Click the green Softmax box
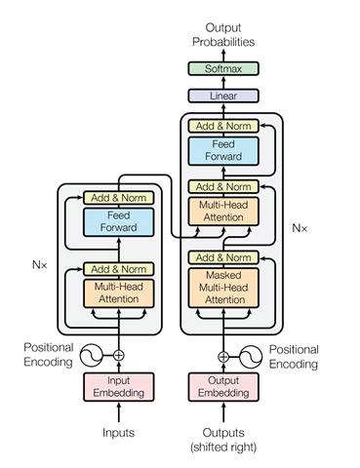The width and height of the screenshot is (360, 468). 223,68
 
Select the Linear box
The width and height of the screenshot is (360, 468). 223,96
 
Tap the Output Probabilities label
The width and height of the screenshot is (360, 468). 223,34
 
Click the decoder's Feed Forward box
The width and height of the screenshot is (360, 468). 223,150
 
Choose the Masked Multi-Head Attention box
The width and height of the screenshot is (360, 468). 223,289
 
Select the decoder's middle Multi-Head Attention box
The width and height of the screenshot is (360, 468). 223,212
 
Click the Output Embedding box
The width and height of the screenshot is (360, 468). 223,386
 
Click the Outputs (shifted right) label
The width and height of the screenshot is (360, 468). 223,440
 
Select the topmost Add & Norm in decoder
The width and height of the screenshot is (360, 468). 223,126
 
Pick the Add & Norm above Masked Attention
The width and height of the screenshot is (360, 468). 223,257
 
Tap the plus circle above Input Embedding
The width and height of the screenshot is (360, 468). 120,356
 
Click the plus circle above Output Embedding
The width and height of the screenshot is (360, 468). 223,356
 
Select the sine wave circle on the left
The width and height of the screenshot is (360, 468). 93,356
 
